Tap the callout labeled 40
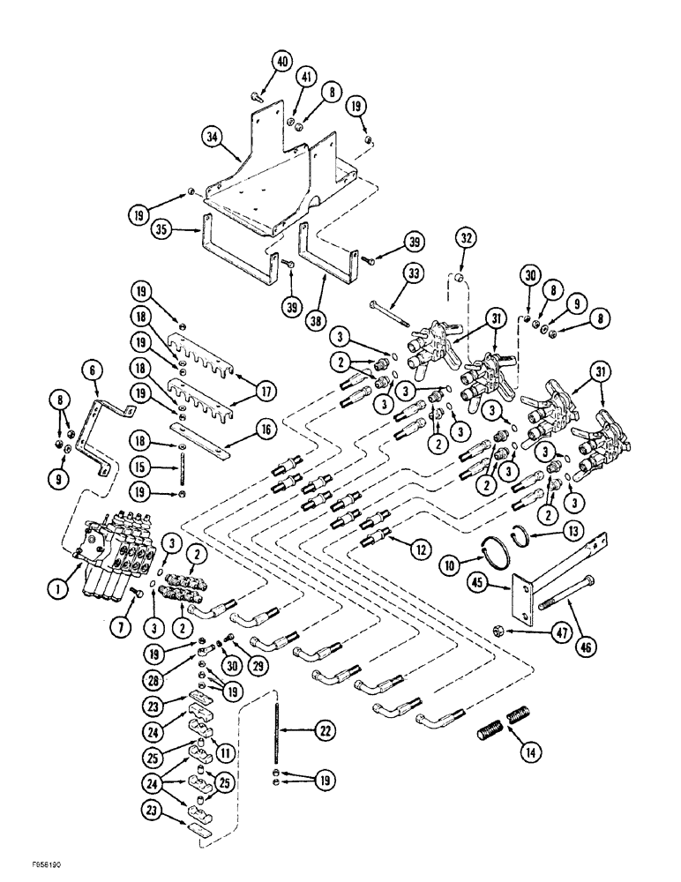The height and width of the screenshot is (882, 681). click(x=281, y=62)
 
